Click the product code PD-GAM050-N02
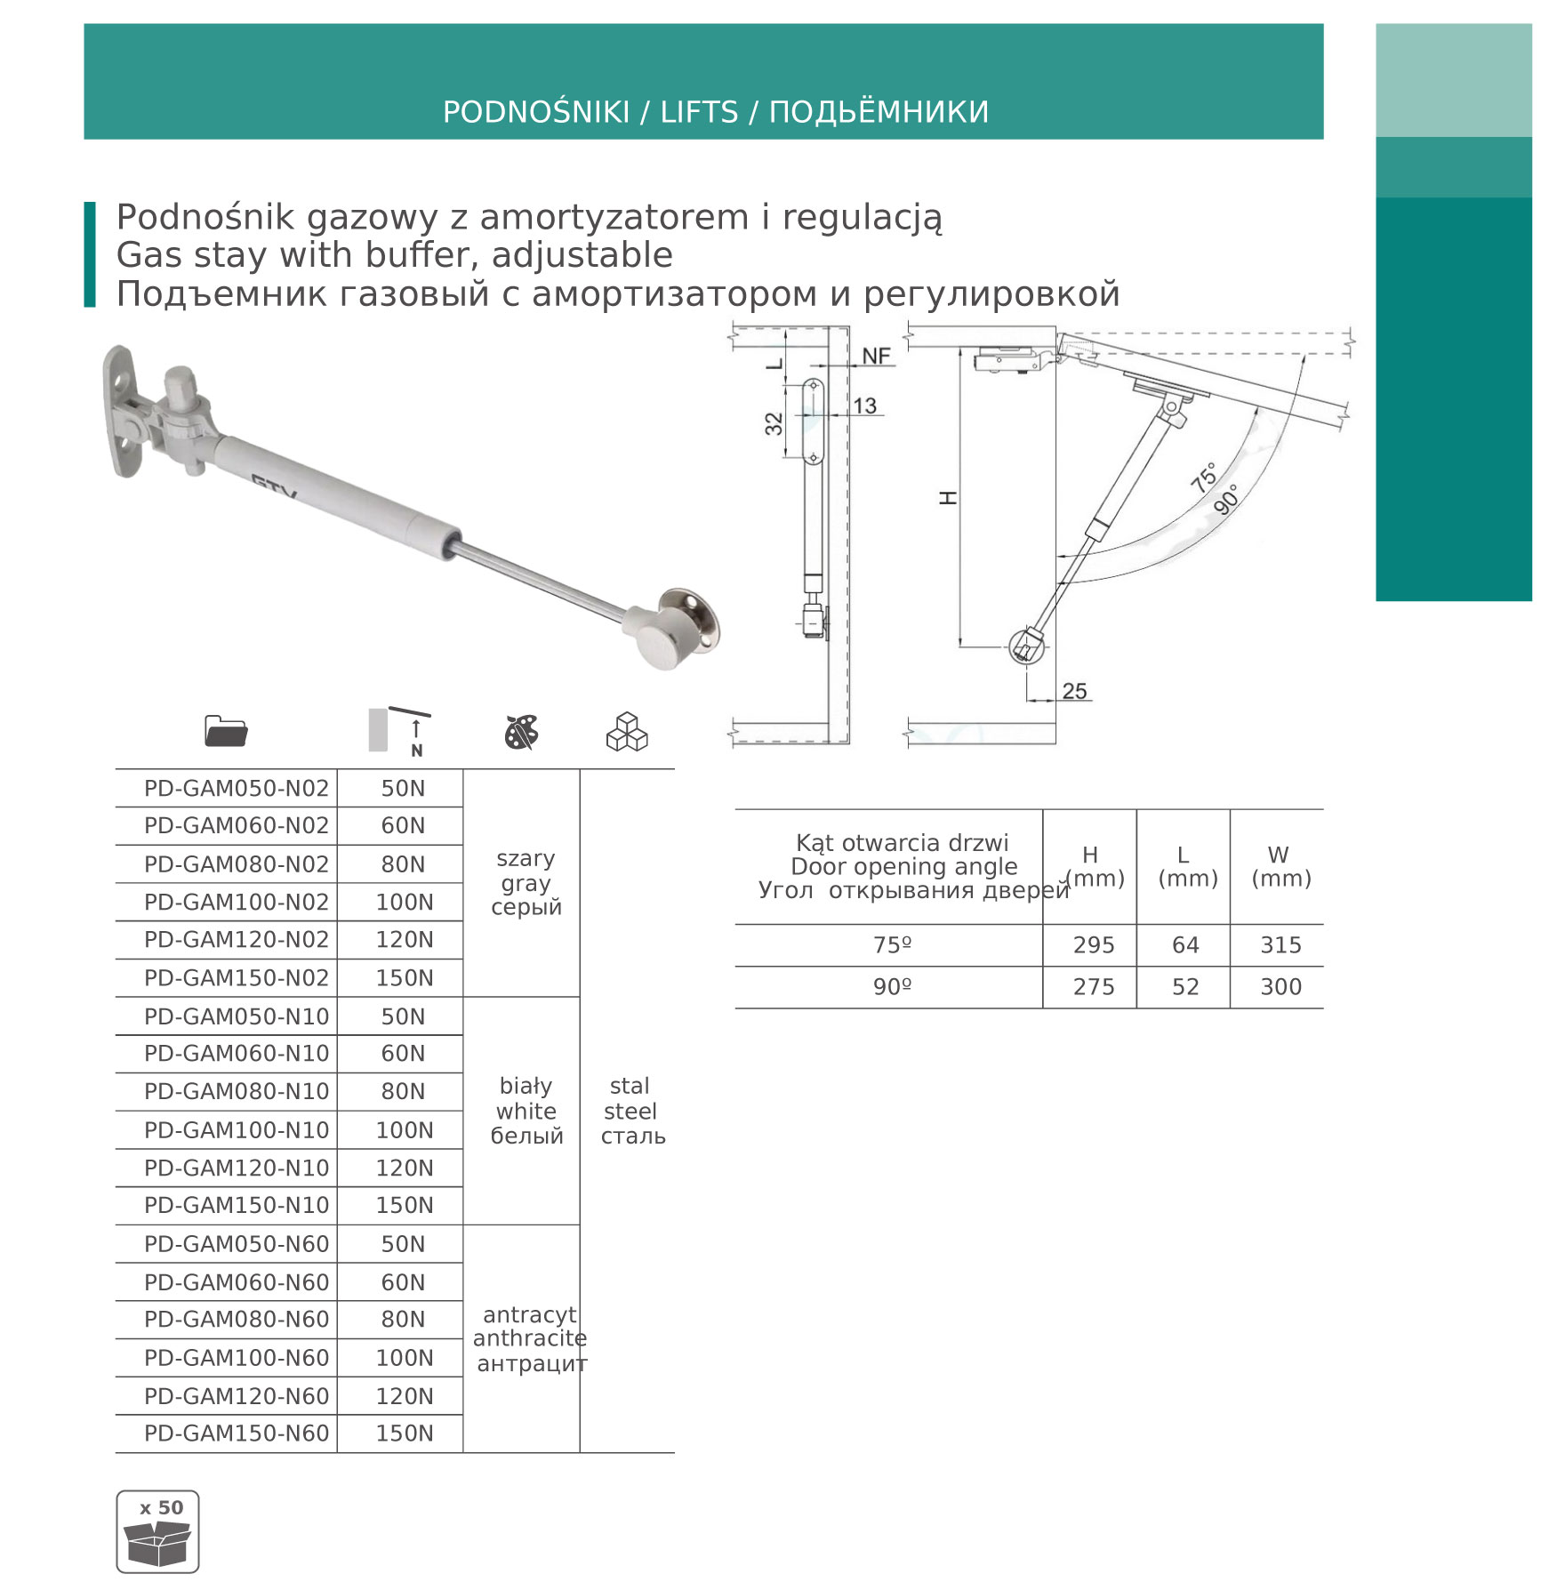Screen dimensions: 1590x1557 [236, 788]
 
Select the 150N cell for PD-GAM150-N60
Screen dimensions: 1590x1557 [404, 1433]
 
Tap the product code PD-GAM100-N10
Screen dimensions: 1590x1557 [236, 1129]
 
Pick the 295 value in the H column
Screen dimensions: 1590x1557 [1093, 944]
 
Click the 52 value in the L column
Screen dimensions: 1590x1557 [1184, 986]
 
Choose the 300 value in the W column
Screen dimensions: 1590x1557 [1280, 986]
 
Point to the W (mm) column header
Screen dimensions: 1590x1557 [1280, 866]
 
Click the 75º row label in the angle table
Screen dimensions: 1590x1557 [892, 944]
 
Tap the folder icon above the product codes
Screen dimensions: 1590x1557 [226, 731]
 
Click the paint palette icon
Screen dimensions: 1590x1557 [521, 732]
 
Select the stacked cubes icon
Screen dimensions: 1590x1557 [627, 732]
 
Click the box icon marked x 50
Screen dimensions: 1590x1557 [157, 1531]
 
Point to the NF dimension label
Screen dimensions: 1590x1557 [876, 356]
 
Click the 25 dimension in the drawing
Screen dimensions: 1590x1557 [1074, 691]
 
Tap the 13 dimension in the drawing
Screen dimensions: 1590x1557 [864, 406]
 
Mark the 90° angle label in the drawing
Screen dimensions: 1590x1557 [1226, 500]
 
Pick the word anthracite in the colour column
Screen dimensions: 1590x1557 [529, 1337]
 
